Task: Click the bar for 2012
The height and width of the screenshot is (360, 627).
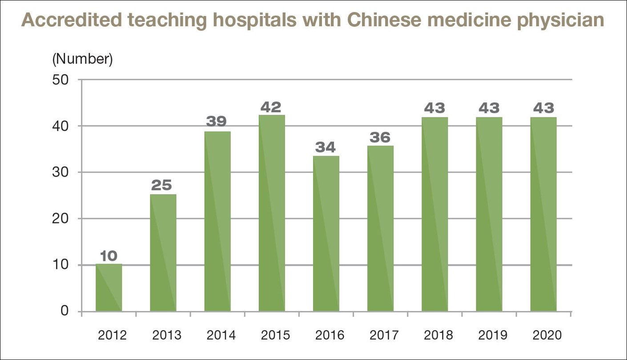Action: tap(109, 287)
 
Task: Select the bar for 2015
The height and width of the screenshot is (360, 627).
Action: tap(272, 213)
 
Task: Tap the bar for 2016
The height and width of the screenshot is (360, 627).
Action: tap(326, 234)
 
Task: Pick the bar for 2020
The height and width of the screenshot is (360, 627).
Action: tap(543, 214)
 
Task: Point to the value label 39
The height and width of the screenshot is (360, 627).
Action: tap(217, 121)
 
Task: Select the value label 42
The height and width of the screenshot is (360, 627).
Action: tap(272, 107)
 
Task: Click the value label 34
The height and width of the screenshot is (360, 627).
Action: tap(326, 147)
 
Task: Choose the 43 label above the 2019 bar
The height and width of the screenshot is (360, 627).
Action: tap(489, 108)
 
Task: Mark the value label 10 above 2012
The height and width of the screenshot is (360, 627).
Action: tap(109, 255)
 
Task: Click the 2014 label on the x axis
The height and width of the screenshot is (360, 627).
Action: tap(221, 335)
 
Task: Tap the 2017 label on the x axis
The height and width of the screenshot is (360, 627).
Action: tap(384, 335)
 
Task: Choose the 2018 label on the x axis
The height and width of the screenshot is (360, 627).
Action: tap(438, 335)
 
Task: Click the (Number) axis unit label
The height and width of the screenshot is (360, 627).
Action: tap(82, 59)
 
